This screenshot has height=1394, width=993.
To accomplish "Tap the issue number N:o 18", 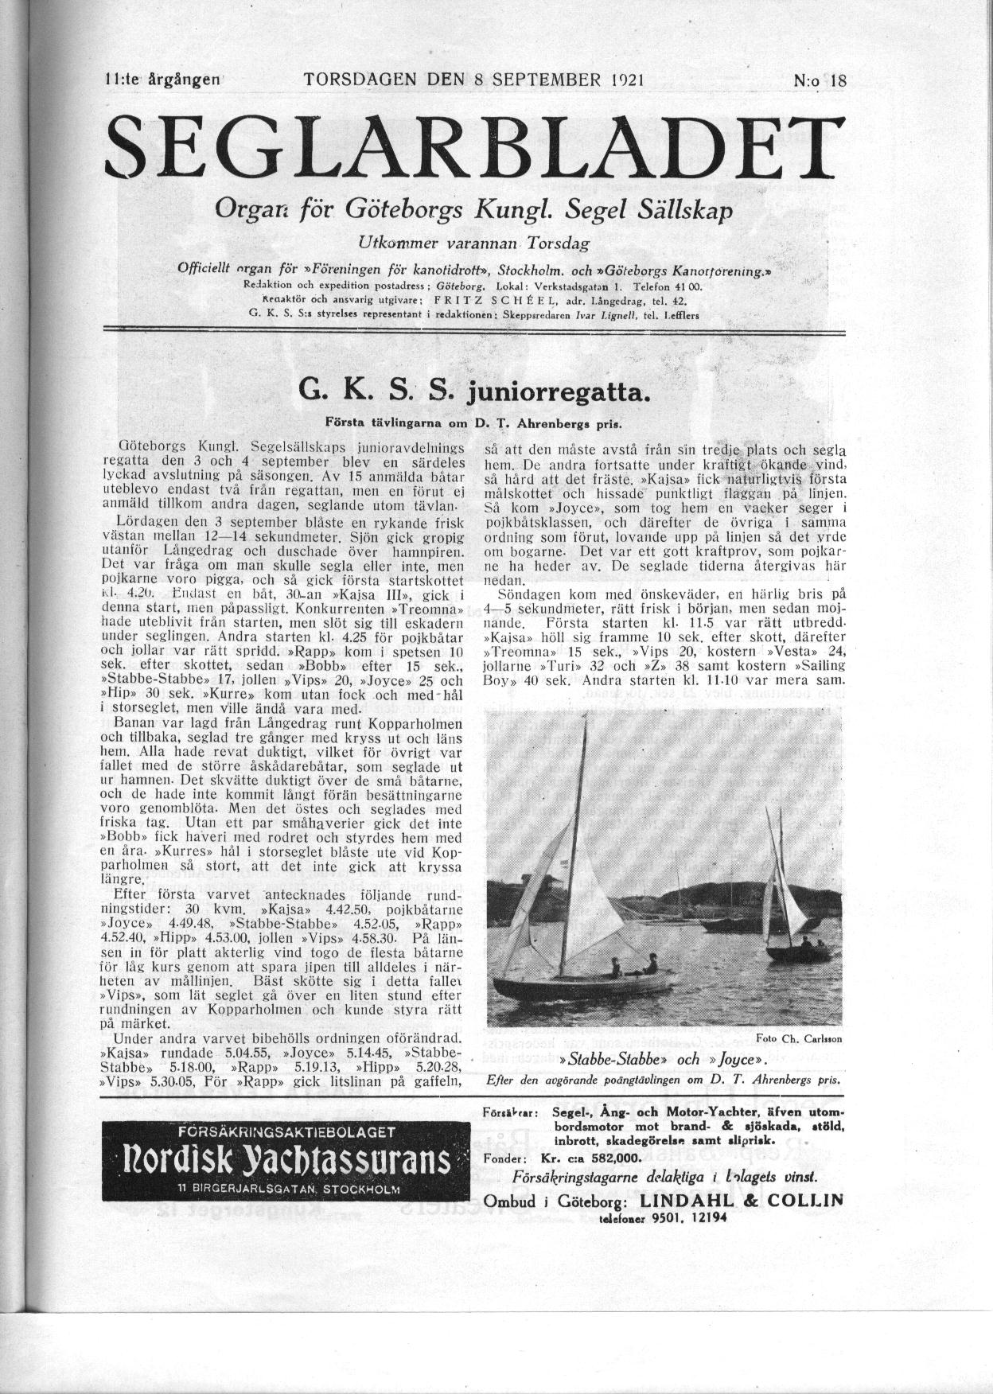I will coord(820,80).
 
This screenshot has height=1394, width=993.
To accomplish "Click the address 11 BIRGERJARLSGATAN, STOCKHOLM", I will coord(280,1189).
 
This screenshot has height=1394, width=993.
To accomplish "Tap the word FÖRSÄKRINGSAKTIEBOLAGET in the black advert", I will coord(280,1132).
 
